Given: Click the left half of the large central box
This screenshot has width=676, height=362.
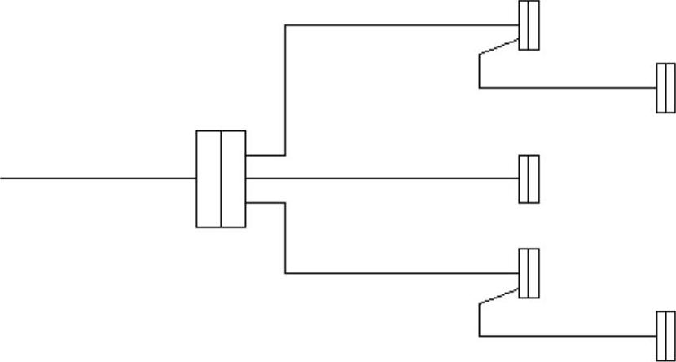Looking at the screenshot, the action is point(209,179).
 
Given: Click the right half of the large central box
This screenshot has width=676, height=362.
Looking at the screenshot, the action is point(233,179).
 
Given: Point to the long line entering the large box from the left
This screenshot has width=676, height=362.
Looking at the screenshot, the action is point(98,178).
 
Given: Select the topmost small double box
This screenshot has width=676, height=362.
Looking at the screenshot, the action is point(529,25).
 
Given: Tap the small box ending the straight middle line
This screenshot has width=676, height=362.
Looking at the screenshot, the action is point(529,179).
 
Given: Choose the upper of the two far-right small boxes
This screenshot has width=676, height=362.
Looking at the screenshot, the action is point(665,88).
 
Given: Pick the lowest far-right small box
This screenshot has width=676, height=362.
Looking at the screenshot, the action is point(665,335).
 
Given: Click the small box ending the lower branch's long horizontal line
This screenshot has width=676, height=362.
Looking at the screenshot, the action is point(529,273).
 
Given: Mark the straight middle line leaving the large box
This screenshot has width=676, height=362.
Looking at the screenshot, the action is point(383,178).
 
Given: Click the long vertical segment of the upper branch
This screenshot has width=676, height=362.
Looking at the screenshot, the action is point(285,90).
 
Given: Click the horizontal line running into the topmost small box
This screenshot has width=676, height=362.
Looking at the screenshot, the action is point(403,25).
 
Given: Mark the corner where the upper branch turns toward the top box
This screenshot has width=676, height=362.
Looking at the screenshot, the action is point(285,25).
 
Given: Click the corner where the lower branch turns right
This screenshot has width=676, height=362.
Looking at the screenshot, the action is point(285,273).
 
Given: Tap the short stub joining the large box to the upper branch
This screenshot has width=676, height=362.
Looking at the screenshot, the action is point(265,154).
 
